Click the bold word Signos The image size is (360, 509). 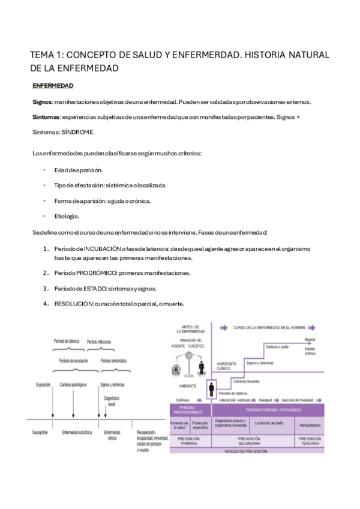[42, 101]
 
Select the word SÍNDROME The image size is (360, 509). [78, 132]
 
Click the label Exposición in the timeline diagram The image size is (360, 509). [43, 385]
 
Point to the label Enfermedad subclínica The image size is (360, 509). [77, 432]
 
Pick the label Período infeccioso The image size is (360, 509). [99, 341]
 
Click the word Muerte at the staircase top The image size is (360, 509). [310, 339]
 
